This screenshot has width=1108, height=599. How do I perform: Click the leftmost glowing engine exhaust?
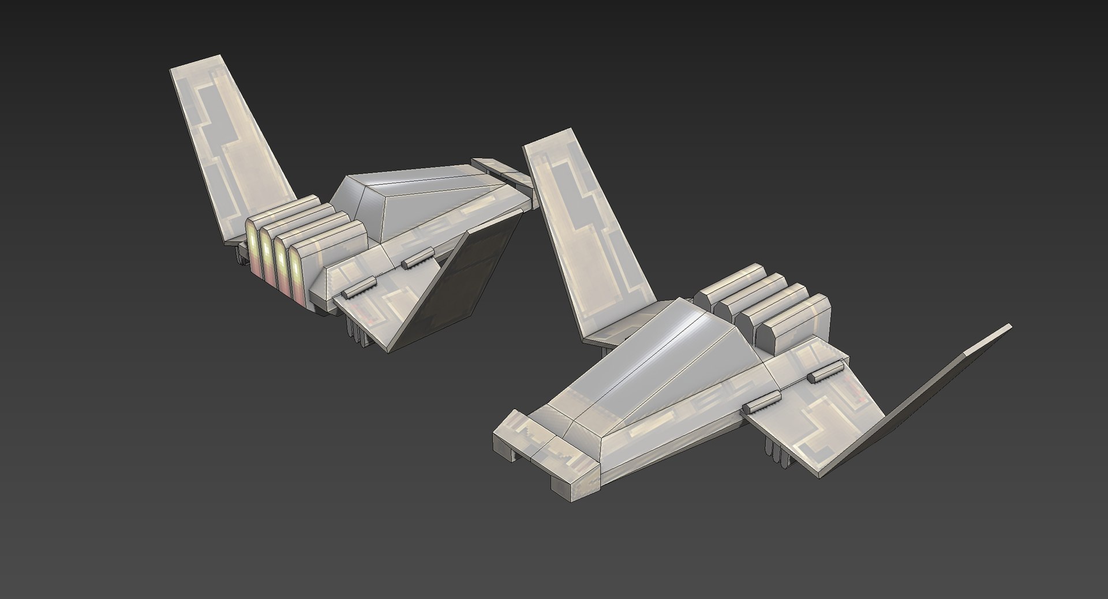(x=253, y=248)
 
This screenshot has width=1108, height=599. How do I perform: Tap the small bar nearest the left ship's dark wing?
(x=417, y=258)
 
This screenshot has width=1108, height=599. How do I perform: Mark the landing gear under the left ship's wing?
(x=358, y=335)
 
